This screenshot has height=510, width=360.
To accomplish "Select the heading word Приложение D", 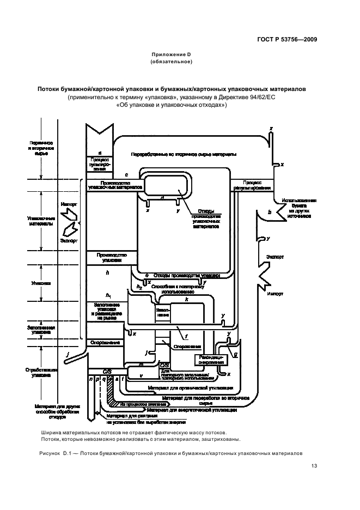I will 170,54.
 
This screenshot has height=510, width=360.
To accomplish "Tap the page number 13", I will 314,465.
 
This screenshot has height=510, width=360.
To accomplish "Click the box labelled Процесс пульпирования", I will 100,164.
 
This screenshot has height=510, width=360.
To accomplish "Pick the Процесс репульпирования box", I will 252,185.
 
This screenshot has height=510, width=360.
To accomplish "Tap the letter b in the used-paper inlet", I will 269,212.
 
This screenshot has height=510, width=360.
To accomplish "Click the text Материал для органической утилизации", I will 191,388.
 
